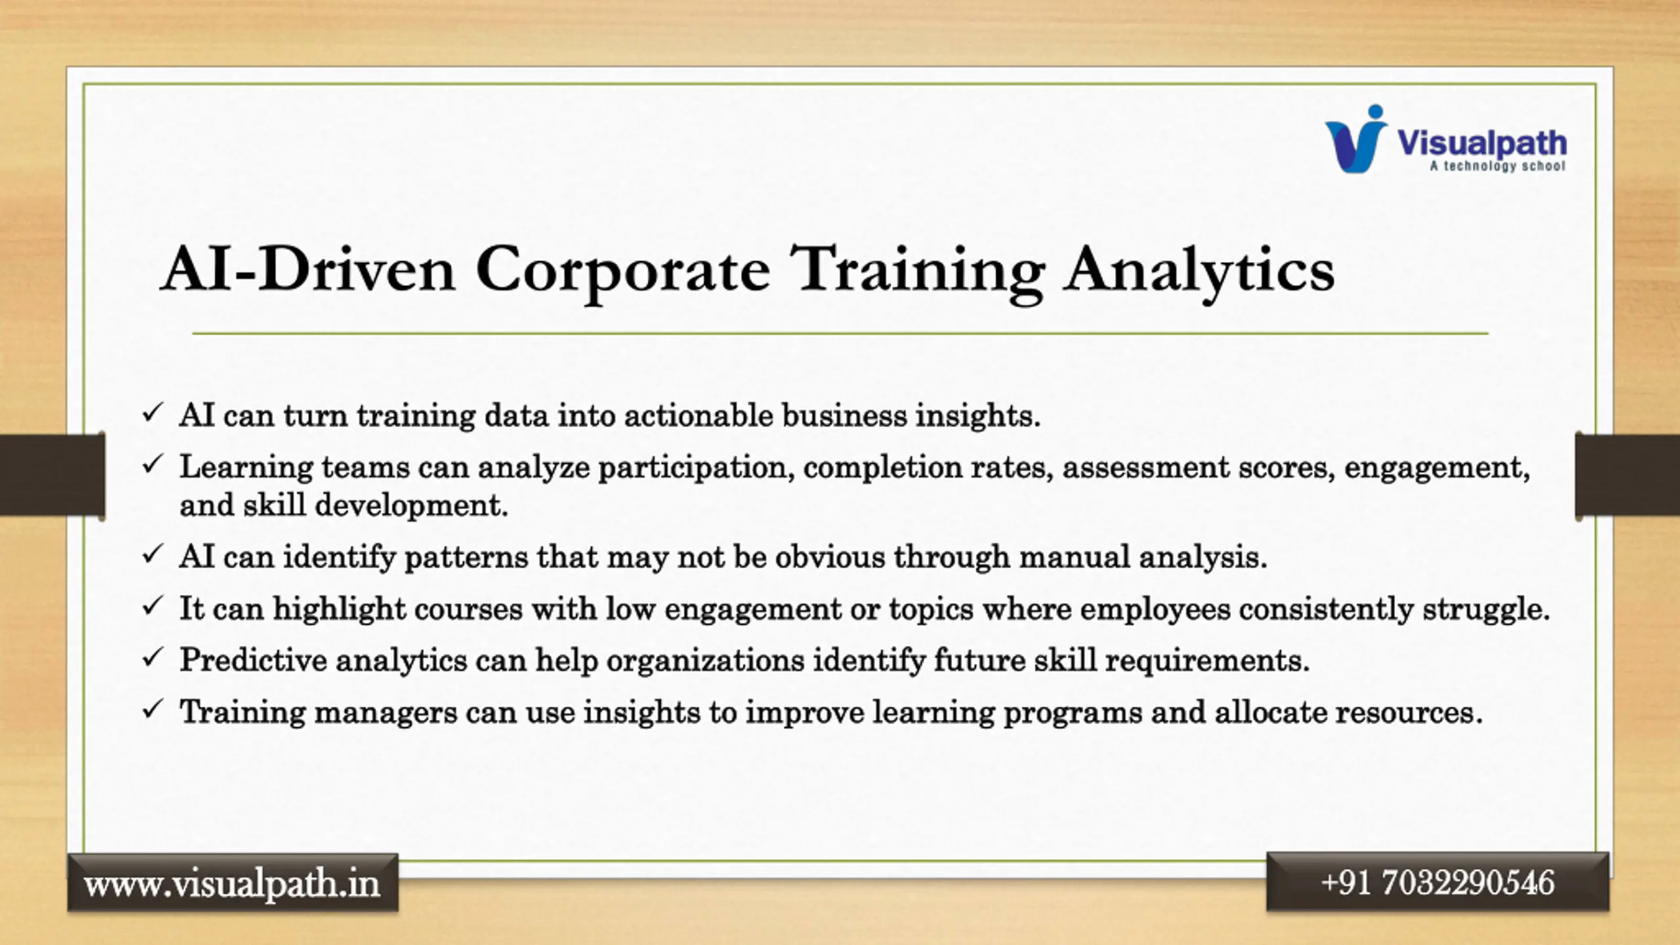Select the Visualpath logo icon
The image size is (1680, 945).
click(1356, 139)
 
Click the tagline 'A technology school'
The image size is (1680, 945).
click(1498, 166)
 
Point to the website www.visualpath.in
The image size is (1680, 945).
click(232, 883)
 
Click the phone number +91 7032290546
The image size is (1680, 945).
click(1438, 883)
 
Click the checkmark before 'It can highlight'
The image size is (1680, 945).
click(152, 606)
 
